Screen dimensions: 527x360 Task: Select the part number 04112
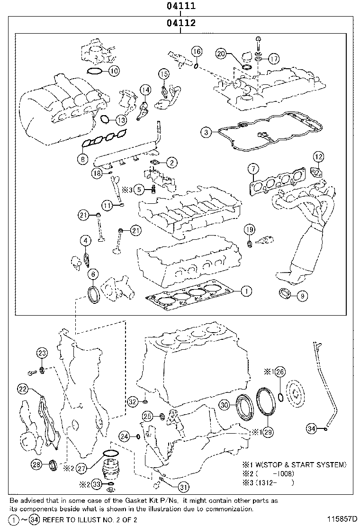pos(180,22)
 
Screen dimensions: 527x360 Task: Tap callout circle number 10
pos(114,71)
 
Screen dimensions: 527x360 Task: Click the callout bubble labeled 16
pos(197,51)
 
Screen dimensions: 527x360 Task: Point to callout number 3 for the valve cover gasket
pos(205,133)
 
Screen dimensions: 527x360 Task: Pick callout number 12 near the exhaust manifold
pos(318,157)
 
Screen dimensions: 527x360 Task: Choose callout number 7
pos(253,169)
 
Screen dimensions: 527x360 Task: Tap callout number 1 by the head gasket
pos(245,291)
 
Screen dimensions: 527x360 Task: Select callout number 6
pos(93,273)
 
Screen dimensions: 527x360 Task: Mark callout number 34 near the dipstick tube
pos(311,428)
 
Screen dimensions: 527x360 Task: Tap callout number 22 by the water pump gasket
pos(23,389)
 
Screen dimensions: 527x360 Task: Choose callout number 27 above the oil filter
pos(81,468)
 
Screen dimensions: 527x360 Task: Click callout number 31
pos(183,486)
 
